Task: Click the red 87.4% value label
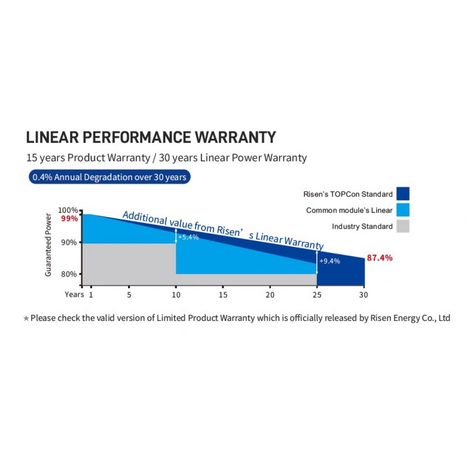click(x=380, y=258)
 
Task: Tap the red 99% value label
click(x=69, y=218)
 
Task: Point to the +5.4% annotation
click(x=189, y=238)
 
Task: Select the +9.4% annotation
click(x=330, y=261)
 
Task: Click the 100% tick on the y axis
click(x=69, y=210)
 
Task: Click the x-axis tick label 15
click(x=223, y=294)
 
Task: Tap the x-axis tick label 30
click(x=363, y=294)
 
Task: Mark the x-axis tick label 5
click(x=129, y=294)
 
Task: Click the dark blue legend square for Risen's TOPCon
click(x=402, y=193)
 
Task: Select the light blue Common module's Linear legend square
click(x=402, y=210)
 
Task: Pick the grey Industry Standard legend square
click(x=402, y=226)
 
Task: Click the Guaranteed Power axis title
click(x=48, y=245)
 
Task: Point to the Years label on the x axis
click(x=74, y=294)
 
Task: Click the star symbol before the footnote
click(x=26, y=319)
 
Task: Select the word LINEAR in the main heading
click(x=49, y=137)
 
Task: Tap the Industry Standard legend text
click(x=362, y=227)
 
